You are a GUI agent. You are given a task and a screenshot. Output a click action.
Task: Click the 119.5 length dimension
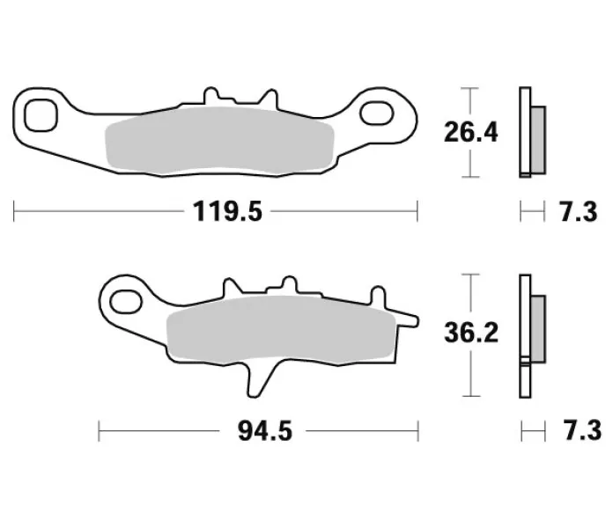click(x=227, y=212)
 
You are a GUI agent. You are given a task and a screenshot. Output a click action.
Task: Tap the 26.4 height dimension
click(x=470, y=132)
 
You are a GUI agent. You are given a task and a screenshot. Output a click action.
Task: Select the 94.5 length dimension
click(x=265, y=431)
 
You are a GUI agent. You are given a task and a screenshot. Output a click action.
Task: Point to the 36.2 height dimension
click(x=471, y=333)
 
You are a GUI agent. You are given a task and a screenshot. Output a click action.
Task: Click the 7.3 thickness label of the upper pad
click(x=579, y=212)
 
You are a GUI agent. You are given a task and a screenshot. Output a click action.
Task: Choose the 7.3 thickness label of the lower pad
click(x=582, y=430)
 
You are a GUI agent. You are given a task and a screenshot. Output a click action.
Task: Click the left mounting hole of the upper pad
click(x=41, y=115)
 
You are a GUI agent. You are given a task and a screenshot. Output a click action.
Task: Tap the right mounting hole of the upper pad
click(x=376, y=114)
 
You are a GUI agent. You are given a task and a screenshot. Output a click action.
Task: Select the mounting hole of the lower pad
click(x=125, y=302)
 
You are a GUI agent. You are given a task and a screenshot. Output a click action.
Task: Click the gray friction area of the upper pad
click(x=219, y=141)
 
